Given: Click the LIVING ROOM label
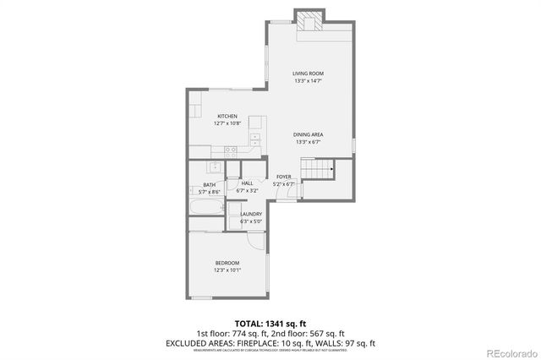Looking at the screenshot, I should (309, 74).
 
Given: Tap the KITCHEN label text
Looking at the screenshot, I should (227, 116).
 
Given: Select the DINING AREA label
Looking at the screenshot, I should (309, 135).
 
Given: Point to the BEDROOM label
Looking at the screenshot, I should (227, 263).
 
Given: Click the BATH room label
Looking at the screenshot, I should (209, 185).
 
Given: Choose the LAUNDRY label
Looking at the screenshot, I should (251, 214).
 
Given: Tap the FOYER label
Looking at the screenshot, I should (283, 177).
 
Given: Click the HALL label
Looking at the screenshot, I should (248, 183).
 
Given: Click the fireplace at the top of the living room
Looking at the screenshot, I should (308, 21).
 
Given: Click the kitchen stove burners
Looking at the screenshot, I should (229, 151).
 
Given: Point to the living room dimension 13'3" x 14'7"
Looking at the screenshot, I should (309, 81).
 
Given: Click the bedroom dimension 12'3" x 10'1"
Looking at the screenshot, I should (227, 270).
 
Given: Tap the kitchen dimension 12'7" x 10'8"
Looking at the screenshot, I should (227, 123).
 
